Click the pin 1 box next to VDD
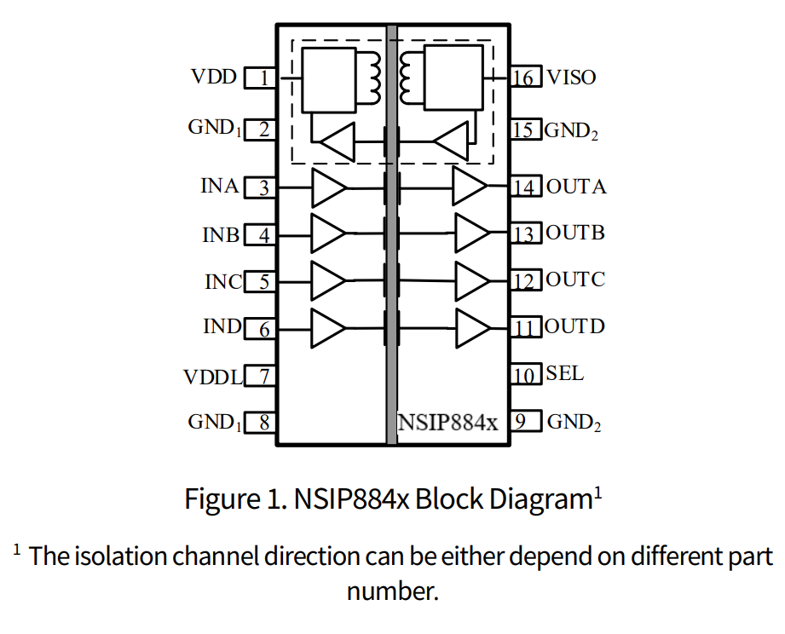(261, 78)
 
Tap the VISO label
(571, 78)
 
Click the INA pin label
(220, 186)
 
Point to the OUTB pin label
(575, 233)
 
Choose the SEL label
(565, 373)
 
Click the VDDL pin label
(213, 377)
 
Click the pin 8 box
(261, 423)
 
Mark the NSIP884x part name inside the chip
(447, 422)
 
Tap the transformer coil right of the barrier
(407, 77)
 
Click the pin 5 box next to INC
(261, 281)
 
